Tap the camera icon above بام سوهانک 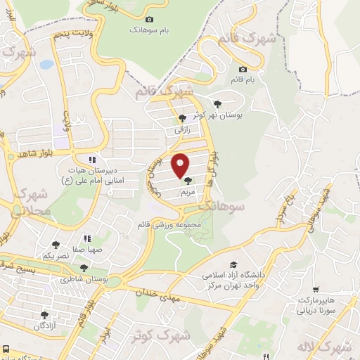point(149,20)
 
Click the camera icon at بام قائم point(243,69)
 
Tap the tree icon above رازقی point(182,118)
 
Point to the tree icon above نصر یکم point(56,245)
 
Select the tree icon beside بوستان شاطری point(84,268)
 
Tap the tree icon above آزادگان point(45,315)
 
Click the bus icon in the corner point(6,349)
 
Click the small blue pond point(46,64)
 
